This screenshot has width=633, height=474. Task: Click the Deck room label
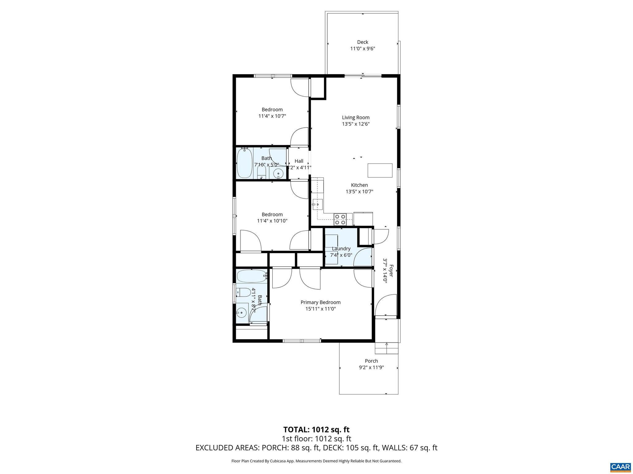coord(363,42)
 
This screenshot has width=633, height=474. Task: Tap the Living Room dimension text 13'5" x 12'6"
coord(356,124)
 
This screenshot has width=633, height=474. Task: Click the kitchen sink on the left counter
coord(317,204)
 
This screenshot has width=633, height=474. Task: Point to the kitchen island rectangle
coord(380,170)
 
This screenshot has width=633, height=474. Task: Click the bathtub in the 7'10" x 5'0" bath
coord(244,163)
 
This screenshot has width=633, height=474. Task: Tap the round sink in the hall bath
coord(279,174)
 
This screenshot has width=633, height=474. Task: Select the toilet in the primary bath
coord(243,292)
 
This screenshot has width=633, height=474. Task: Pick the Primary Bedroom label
coord(321,302)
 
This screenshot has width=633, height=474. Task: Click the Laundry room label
coord(341,249)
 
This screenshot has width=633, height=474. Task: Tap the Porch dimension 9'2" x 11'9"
coord(371,368)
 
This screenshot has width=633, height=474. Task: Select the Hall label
coord(299,161)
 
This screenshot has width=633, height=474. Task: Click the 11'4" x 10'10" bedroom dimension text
coord(272,221)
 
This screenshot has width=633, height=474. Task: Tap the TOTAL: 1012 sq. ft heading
coord(316,430)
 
